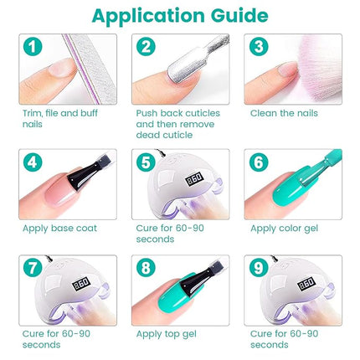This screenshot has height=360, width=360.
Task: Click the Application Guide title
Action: click(x=179, y=16)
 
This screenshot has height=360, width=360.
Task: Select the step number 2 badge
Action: click(x=146, y=48)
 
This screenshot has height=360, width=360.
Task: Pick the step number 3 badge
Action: click(x=259, y=48)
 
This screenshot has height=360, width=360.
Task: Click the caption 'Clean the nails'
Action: click(x=282, y=112)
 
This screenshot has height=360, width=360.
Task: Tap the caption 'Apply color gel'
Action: click(x=283, y=228)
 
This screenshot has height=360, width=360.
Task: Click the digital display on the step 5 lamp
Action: click(x=196, y=179)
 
